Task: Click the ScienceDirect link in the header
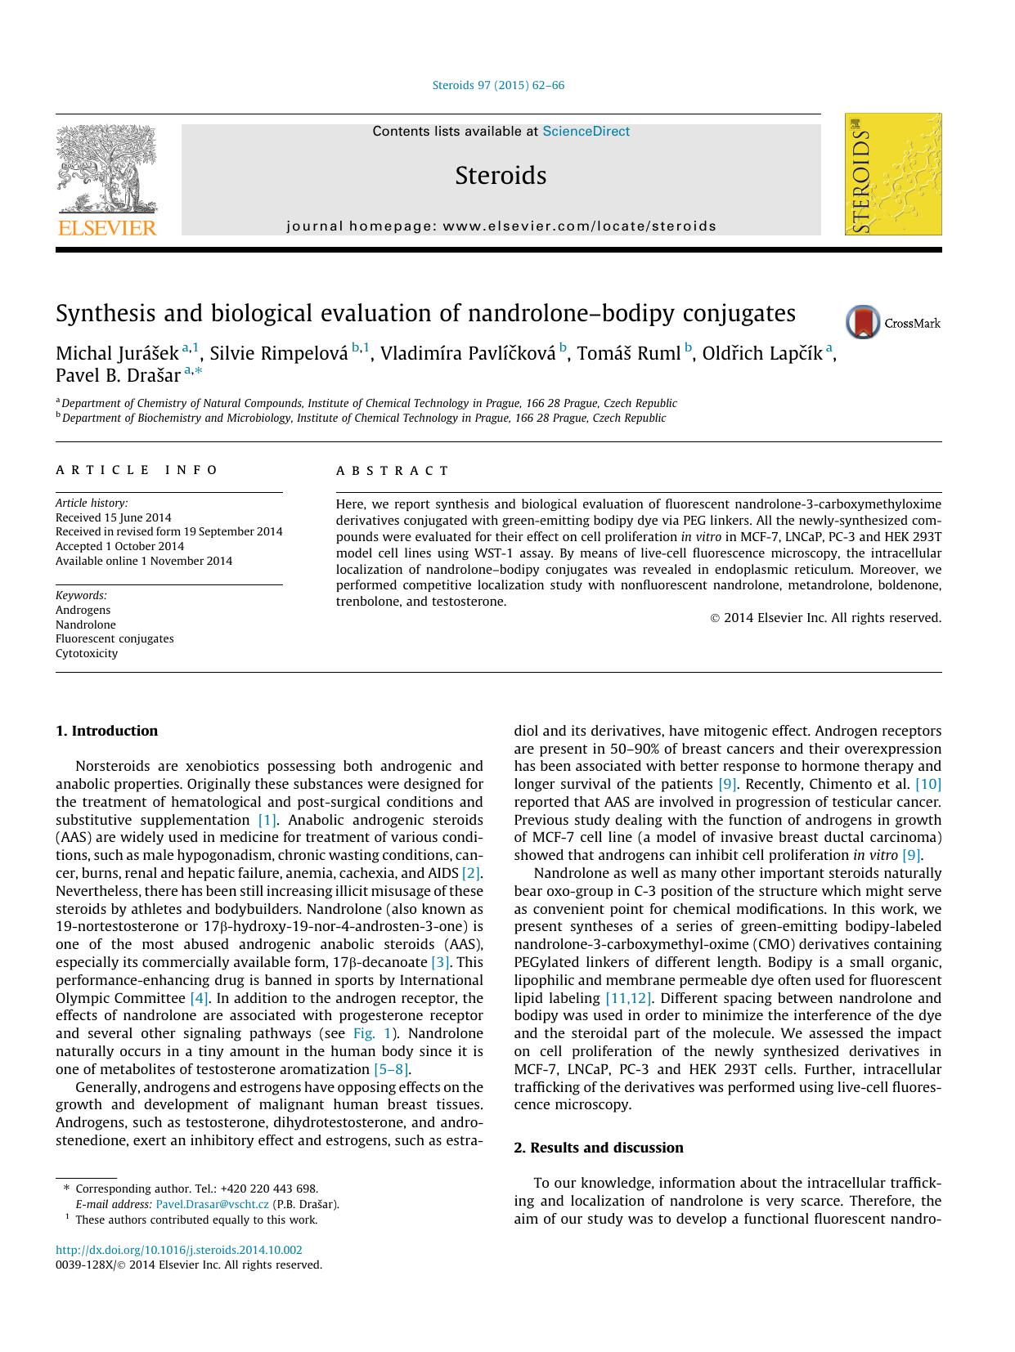click(x=586, y=132)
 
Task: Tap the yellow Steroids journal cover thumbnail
click(x=892, y=174)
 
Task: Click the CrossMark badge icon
click(x=863, y=322)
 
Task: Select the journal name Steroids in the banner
click(x=501, y=176)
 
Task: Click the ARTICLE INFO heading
click(x=137, y=470)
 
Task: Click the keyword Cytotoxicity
click(x=87, y=654)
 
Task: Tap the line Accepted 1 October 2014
click(x=119, y=546)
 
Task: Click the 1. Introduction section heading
click(x=106, y=731)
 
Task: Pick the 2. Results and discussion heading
click(x=598, y=1148)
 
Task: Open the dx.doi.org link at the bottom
click(x=178, y=1250)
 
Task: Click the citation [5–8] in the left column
click(x=391, y=1069)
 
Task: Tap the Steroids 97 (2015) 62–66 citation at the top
click(x=498, y=85)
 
